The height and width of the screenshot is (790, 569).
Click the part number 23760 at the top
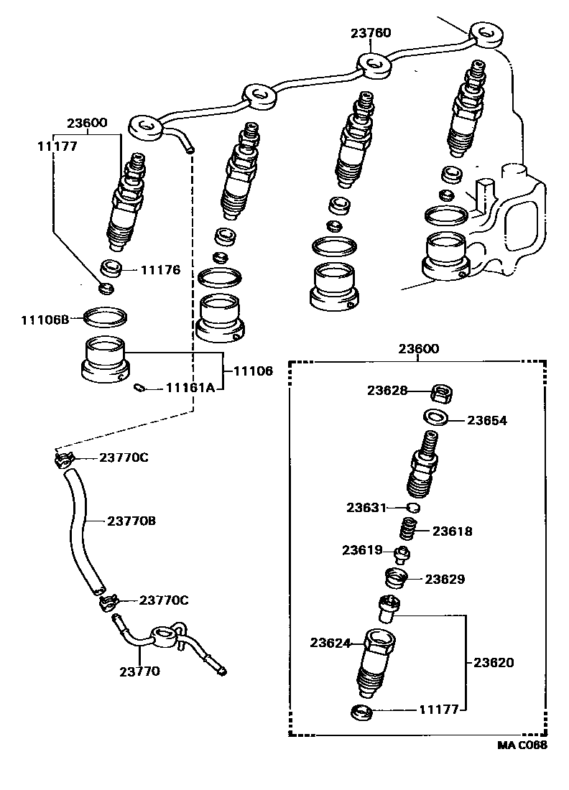(371, 33)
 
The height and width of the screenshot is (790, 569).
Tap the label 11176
(160, 271)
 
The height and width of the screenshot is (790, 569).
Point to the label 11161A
(190, 388)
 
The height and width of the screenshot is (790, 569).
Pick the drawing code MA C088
(522, 745)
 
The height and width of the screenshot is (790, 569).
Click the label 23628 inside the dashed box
(387, 391)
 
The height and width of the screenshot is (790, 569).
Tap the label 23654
(487, 421)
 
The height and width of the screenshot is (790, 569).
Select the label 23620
(494, 663)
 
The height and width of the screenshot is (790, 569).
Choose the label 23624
(330, 643)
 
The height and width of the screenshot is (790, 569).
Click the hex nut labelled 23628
(441, 393)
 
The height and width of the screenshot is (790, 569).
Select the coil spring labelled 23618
(410, 532)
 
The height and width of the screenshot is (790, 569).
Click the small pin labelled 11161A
(141, 389)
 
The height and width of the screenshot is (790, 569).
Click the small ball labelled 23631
(412, 508)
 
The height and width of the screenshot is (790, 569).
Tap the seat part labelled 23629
(394, 577)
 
